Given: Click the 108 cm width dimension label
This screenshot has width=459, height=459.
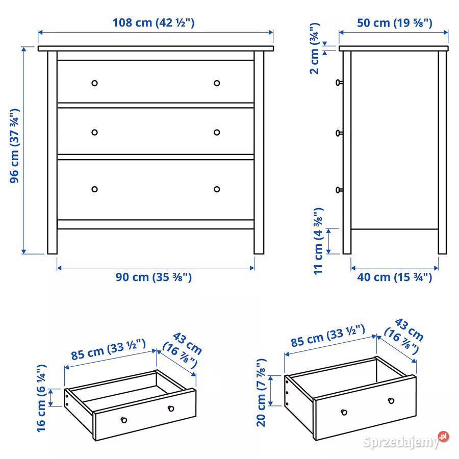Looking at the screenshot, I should click(154, 22).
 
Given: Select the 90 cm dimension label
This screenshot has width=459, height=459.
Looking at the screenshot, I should click(154, 277).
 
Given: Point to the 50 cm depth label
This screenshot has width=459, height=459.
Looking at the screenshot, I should click(393, 22).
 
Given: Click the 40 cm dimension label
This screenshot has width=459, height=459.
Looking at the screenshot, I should click(394, 277).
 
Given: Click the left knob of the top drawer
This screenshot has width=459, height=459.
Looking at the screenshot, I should click(94, 83).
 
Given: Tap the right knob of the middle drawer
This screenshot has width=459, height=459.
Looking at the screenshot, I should click(217, 133).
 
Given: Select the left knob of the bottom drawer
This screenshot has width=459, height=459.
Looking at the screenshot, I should click(94, 189).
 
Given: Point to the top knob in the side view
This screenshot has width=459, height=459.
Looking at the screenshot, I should click(338, 82).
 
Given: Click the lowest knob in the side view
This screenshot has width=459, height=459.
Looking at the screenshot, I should click(338, 190).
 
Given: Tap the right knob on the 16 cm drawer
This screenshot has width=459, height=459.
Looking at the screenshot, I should click(170, 408).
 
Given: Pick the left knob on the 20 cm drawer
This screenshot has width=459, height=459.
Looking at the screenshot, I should click(344, 412).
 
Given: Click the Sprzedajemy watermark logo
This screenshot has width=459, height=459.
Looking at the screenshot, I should click(406, 441).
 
